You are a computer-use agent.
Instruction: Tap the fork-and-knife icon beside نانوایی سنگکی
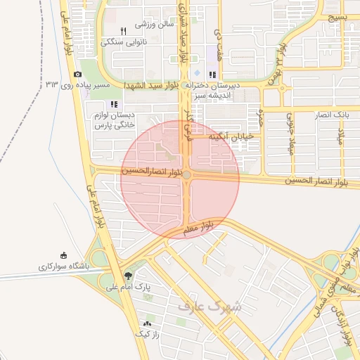[x=123, y=31]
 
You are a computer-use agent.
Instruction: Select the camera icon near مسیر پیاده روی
[x=77, y=74]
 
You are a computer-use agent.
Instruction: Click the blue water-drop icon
[x=197, y=74]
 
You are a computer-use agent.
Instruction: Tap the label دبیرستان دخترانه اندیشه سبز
[x=213, y=89]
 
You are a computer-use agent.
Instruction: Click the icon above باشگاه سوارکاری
[x=65, y=255]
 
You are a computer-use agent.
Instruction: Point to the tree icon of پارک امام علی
[x=128, y=276]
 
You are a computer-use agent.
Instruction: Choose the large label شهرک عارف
[x=210, y=306]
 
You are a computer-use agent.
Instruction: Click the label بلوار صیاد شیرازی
[x=186, y=35]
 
